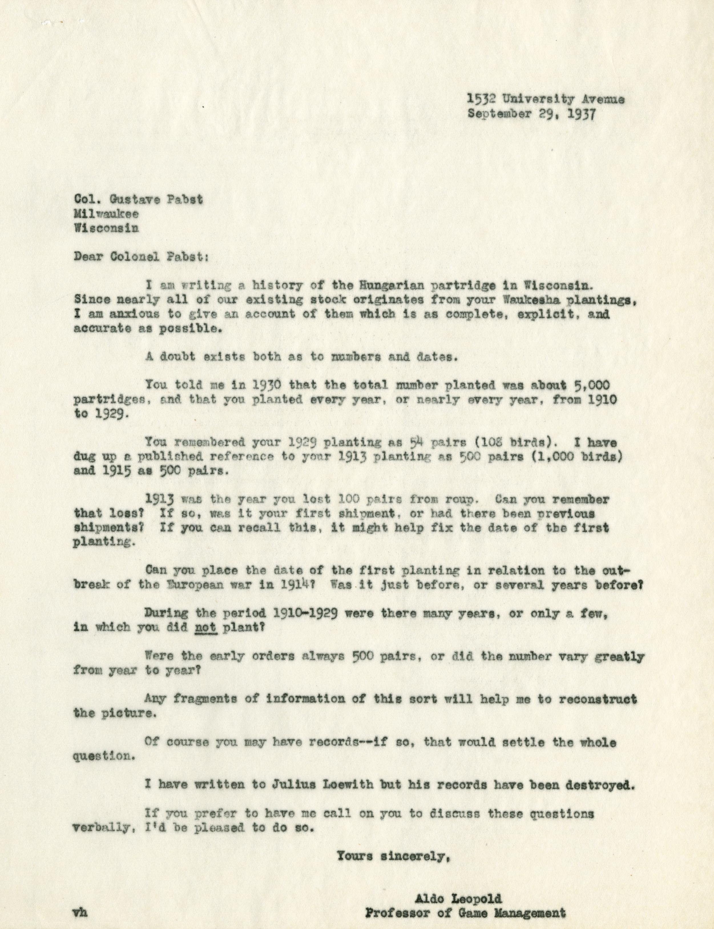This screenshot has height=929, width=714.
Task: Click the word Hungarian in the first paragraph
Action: point(371,286)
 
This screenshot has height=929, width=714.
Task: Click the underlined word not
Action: point(206,627)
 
